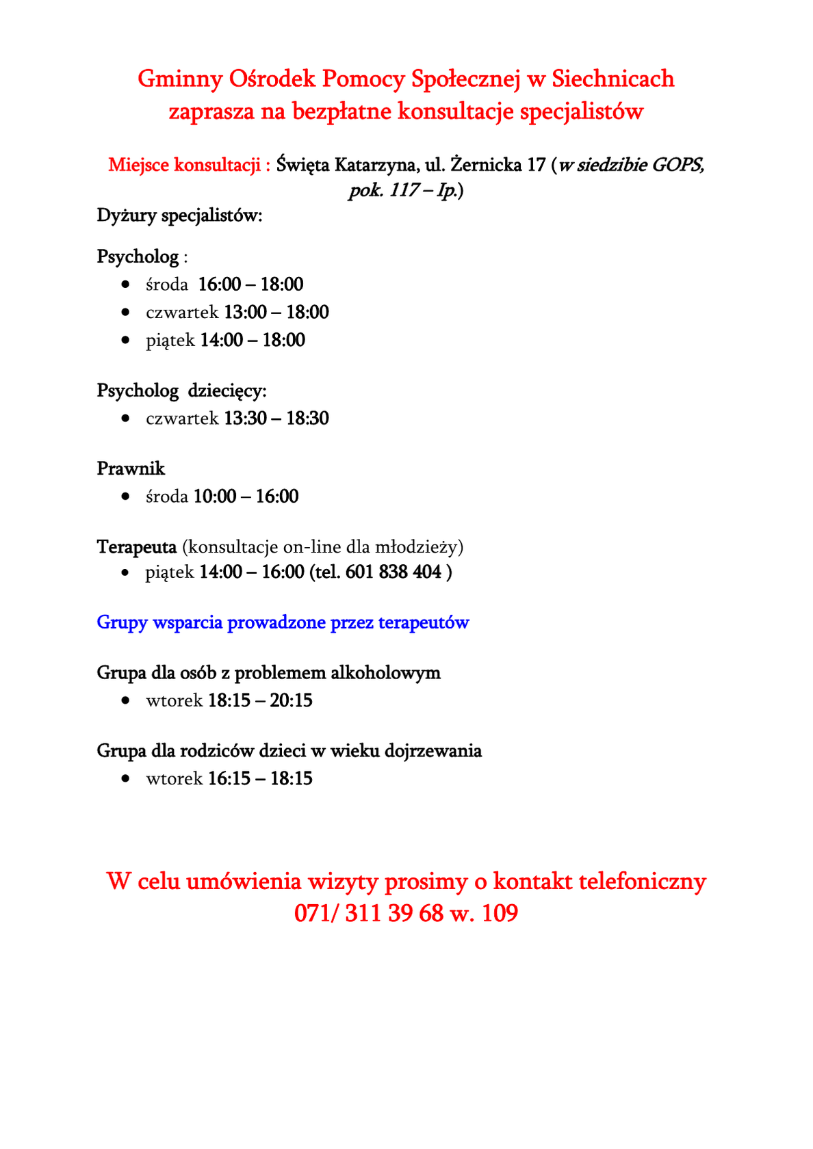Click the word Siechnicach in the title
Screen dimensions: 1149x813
coord(612,79)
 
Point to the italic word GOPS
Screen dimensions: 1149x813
coord(677,165)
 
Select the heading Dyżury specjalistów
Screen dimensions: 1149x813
coord(179,215)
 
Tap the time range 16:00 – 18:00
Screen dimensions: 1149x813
coord(250,285)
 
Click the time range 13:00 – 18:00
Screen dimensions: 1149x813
coord(276,313)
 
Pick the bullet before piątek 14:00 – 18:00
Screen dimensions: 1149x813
coord(125,340)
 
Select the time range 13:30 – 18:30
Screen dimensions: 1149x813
coord(276,419)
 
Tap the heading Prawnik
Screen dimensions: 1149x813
coord(131,468)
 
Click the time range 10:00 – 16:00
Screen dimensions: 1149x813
coord(246,497)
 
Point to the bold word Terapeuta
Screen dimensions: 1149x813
coord(137,546)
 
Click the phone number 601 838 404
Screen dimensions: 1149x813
coord(393,572)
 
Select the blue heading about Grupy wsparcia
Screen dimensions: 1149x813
coord(283,622)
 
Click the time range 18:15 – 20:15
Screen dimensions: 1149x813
coord(260,700)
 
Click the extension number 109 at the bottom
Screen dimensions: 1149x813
coord(500,913)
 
